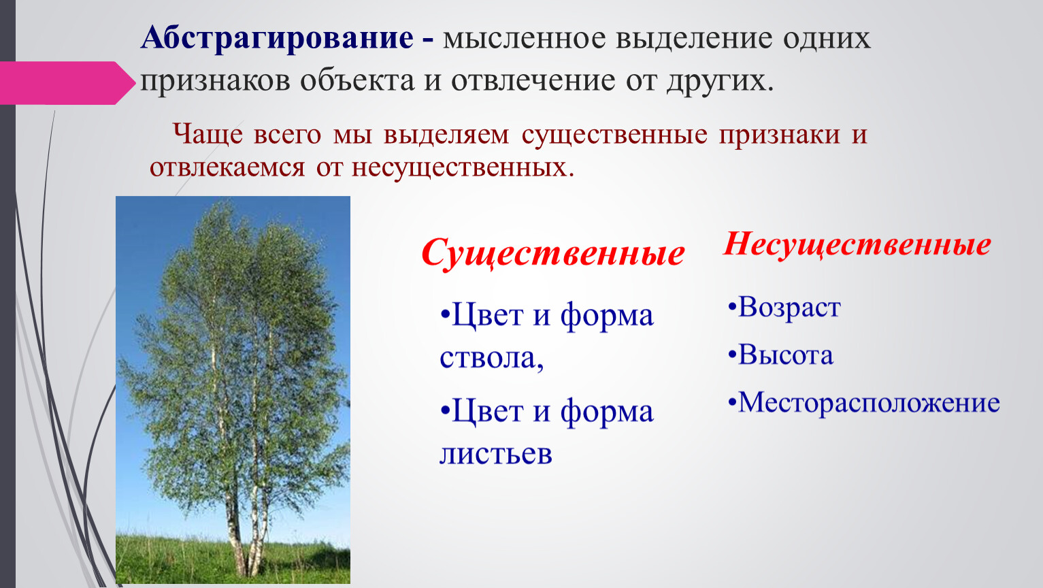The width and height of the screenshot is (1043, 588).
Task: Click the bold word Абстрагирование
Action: (x=277, y=38)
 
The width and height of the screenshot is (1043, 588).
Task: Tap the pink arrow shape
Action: (x=67, y=83)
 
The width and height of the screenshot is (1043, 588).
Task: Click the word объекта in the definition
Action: (x=357, y=80)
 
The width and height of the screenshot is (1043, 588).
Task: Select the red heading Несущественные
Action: (x=857, y=244)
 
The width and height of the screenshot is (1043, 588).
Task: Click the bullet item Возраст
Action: (x=784, y=308)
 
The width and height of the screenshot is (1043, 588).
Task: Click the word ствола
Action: (x=492, y=358)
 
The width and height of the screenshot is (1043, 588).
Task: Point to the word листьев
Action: (x=496, y=453)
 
